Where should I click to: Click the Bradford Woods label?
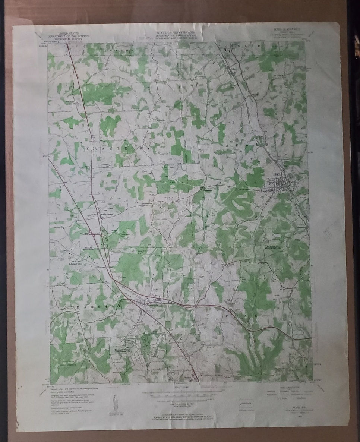pyautogui.click(x=120, y=351)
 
